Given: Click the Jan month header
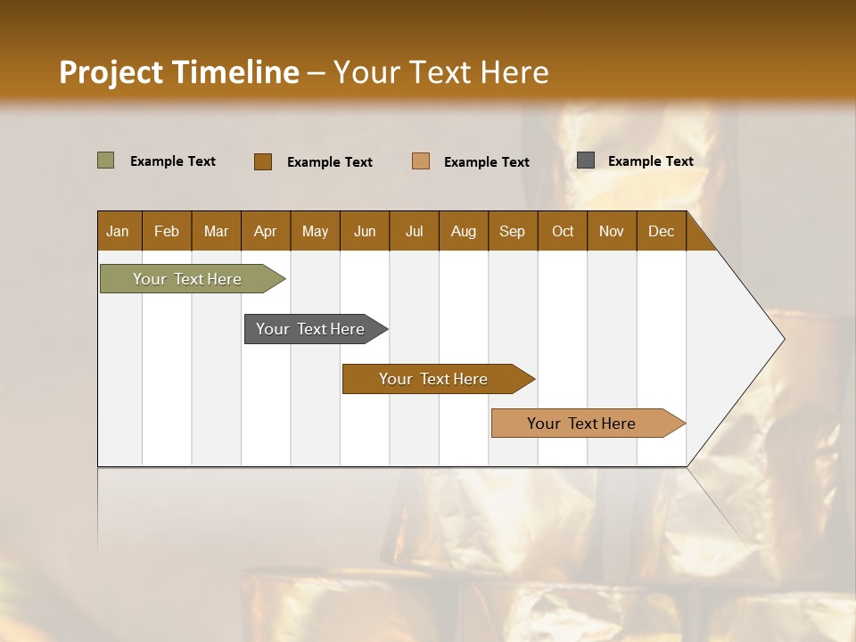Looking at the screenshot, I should click(x=119, y=231).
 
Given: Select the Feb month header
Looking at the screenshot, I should click(x=167, y=231).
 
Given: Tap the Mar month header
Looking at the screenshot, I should click(x=216, y=231).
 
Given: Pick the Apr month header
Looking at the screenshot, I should click(x=266, y=231).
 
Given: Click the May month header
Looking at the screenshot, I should click(x=315, y=231).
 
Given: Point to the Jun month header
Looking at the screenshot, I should click(x=365, y=231).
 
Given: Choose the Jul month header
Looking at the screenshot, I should click(x=414, y=231).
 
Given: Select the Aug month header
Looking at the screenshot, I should click(x=464, y=231).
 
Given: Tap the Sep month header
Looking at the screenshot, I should click(x=513, y=231).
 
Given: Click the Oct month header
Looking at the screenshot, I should click(x=563, y=231).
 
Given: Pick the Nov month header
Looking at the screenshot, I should click(x=612, y=231).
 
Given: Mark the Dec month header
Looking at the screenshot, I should click(x=662, y=231).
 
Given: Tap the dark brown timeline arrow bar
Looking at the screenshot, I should click(x=434, y=379).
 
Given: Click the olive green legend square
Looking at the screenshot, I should click(x=106, y=160).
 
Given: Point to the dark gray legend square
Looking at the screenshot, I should click(x=586, y=160).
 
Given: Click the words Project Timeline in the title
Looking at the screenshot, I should click(x=179, y=72).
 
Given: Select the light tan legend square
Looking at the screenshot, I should click(x=421, y=161).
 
